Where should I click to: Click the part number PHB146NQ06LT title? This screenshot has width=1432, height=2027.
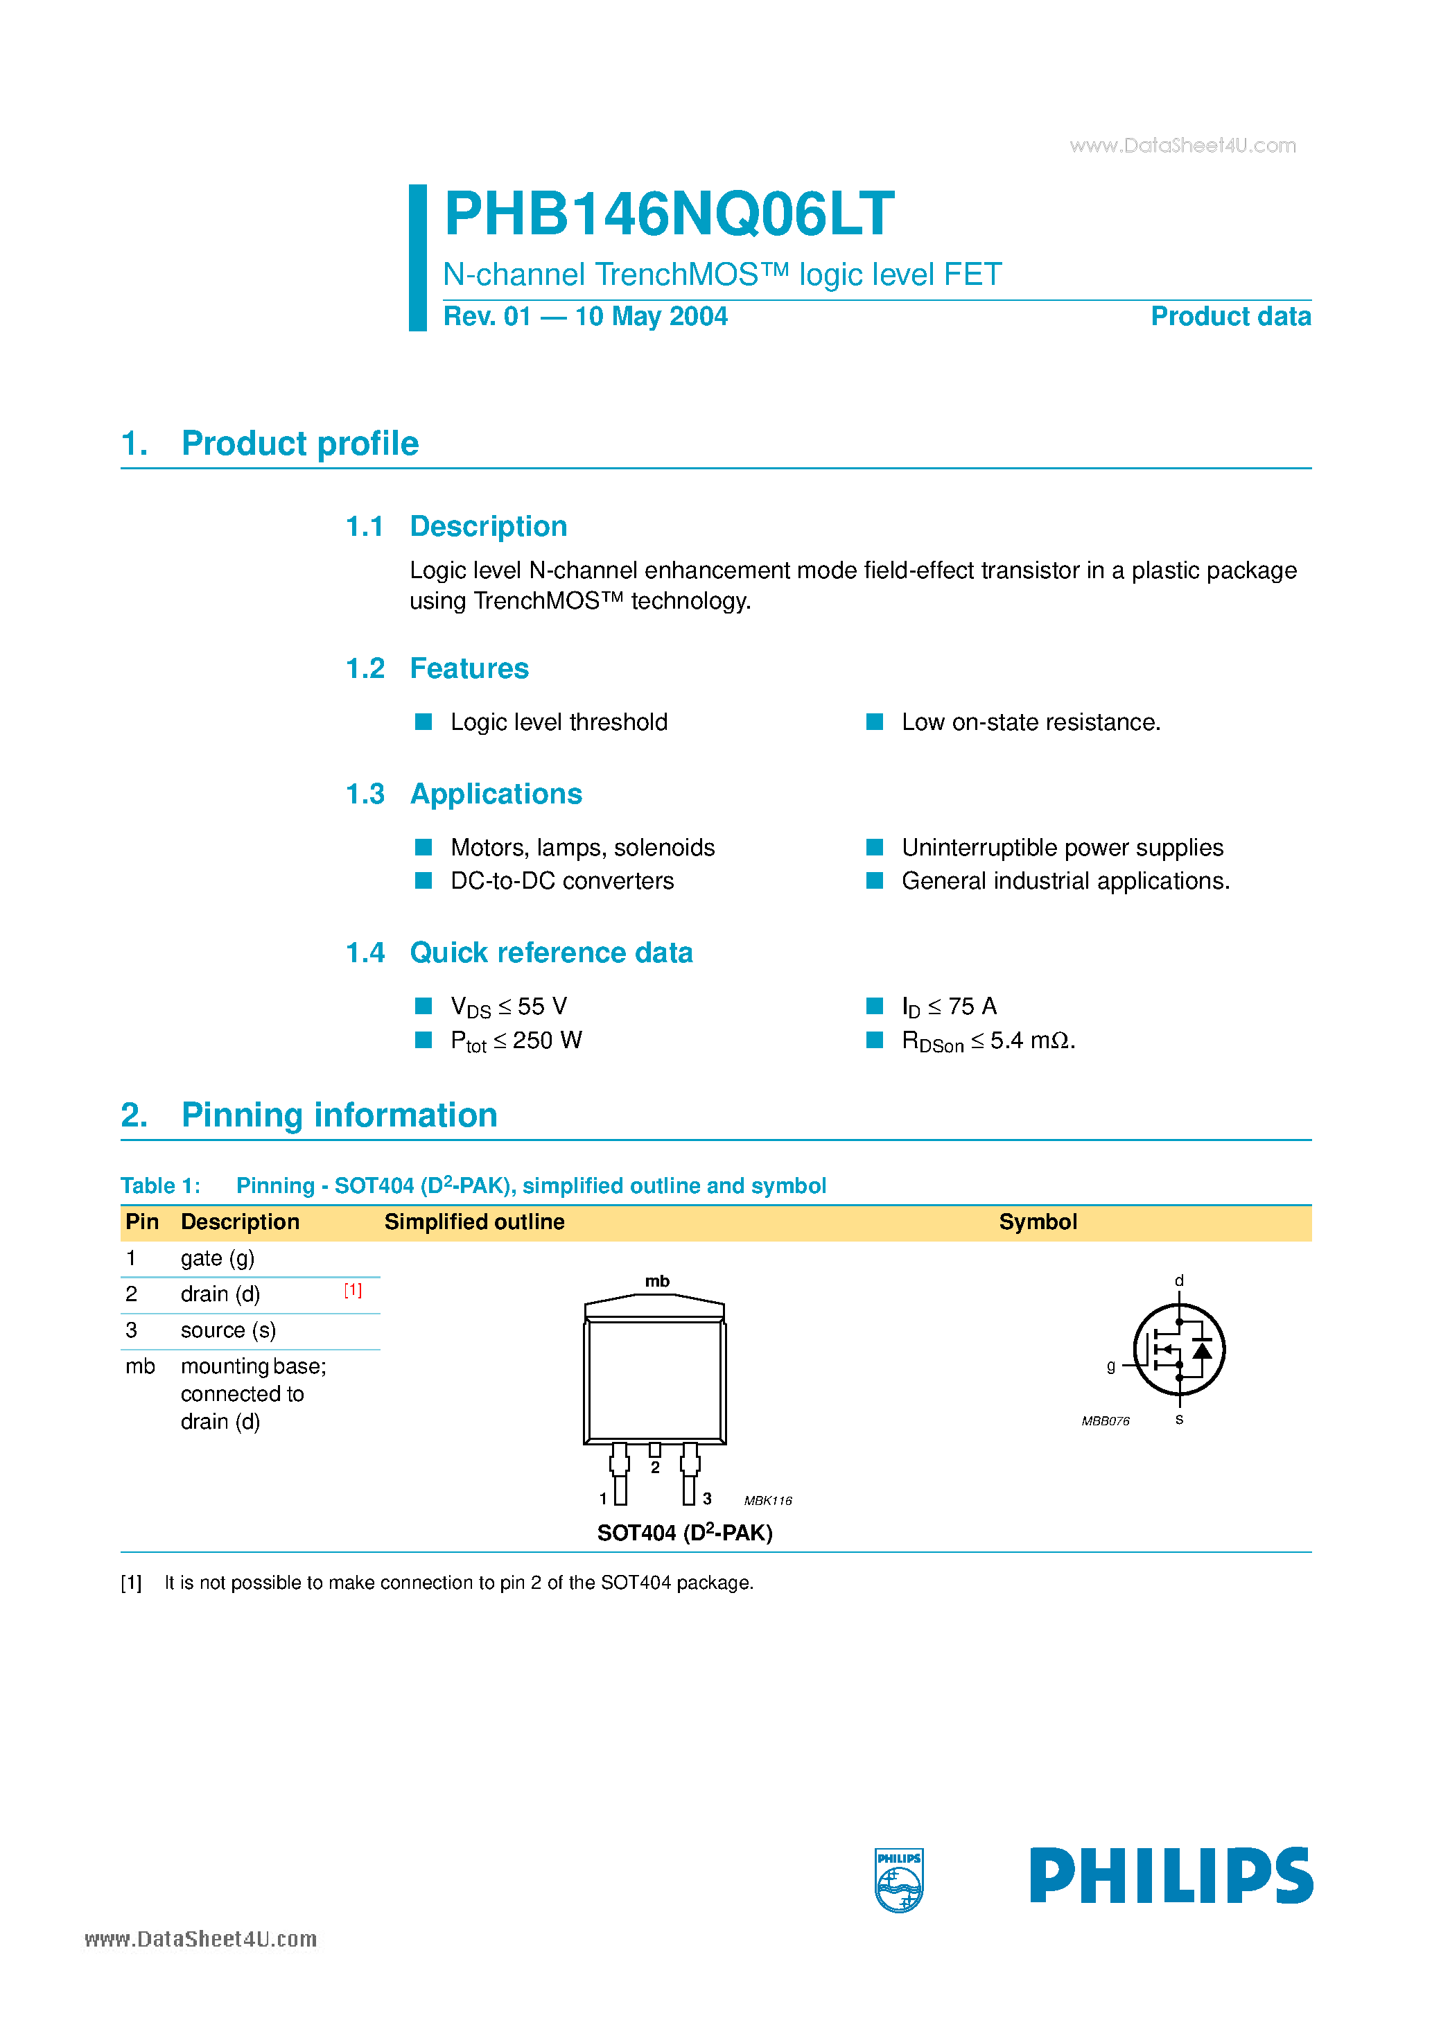(668, 214)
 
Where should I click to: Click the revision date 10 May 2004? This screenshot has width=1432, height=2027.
(651, 316)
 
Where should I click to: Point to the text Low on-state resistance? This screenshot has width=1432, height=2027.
(1030, 722)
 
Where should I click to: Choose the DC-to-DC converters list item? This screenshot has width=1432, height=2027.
(561, 881)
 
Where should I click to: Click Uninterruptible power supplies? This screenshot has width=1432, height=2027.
(1062, 848)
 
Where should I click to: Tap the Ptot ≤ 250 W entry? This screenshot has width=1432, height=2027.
(516, 1041)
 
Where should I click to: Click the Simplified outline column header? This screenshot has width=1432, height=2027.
(474, 1222)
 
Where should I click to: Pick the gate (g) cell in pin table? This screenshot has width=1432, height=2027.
(217, 1258)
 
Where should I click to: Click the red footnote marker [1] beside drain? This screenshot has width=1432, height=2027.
(353, 1291)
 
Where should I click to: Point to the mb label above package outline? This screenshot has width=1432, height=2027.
(657, 1281)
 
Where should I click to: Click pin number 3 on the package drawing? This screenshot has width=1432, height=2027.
(707, 1499)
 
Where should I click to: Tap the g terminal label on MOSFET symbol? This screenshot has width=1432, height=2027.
(1110, 1366)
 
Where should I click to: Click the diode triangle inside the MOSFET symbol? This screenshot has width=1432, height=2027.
(1202, 1350)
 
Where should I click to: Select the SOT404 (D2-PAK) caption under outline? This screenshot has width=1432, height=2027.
(684, 1533)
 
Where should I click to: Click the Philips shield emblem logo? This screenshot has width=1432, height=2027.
(899, 1881)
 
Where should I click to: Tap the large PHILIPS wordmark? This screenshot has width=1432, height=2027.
(1171, 1876)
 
